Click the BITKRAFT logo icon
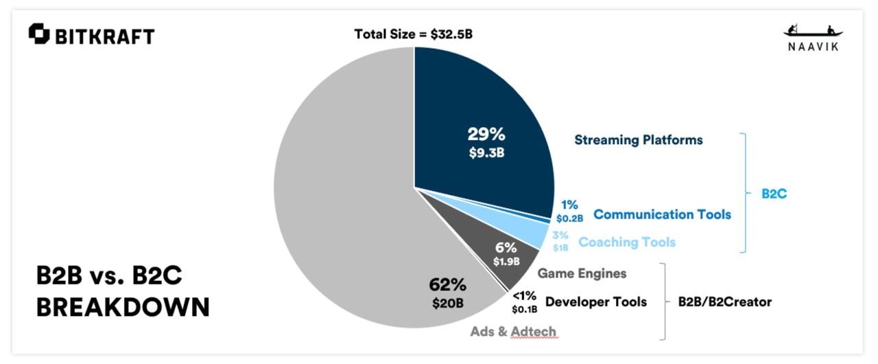(39, 34)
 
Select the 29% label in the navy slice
(486, 135)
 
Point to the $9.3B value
(486, 152)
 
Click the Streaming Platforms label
(638, 140)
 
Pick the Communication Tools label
(662, 214)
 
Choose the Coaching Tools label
(627, 242)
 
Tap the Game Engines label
(582, 273)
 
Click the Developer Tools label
(595, 302)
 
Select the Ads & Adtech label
(513, 332)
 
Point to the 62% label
(448, 284)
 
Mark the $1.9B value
(506, 262)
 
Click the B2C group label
(774, 194)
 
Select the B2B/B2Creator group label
(725, 302)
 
